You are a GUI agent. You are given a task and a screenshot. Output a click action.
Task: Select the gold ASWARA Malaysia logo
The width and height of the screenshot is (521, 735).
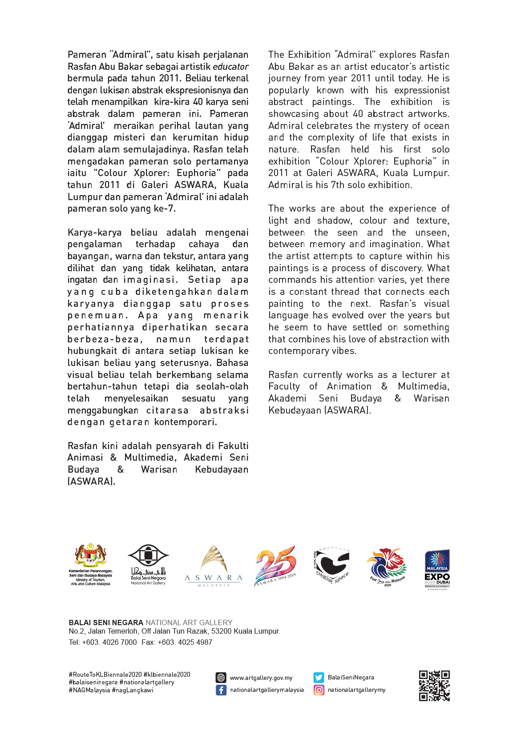214,565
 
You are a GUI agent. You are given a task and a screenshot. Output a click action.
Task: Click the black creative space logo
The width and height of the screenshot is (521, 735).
332,564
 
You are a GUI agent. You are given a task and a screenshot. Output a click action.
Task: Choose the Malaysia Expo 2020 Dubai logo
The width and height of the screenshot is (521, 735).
437,568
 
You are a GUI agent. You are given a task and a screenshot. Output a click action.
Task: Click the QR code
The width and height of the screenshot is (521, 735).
434,685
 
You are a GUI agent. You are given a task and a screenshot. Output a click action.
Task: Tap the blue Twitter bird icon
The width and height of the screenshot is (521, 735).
319,677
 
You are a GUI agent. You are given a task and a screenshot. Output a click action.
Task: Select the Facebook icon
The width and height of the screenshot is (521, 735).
221,690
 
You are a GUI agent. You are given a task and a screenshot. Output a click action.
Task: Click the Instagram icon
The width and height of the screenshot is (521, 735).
319,690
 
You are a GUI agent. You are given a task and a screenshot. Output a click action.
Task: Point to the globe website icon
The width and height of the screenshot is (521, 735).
221,678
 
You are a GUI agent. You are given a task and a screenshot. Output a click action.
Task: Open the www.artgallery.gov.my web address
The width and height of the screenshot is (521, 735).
261,678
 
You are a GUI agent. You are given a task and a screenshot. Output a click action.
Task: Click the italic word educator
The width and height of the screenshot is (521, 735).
230,67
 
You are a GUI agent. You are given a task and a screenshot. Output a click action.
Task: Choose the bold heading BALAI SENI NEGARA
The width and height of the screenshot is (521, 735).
106,623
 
